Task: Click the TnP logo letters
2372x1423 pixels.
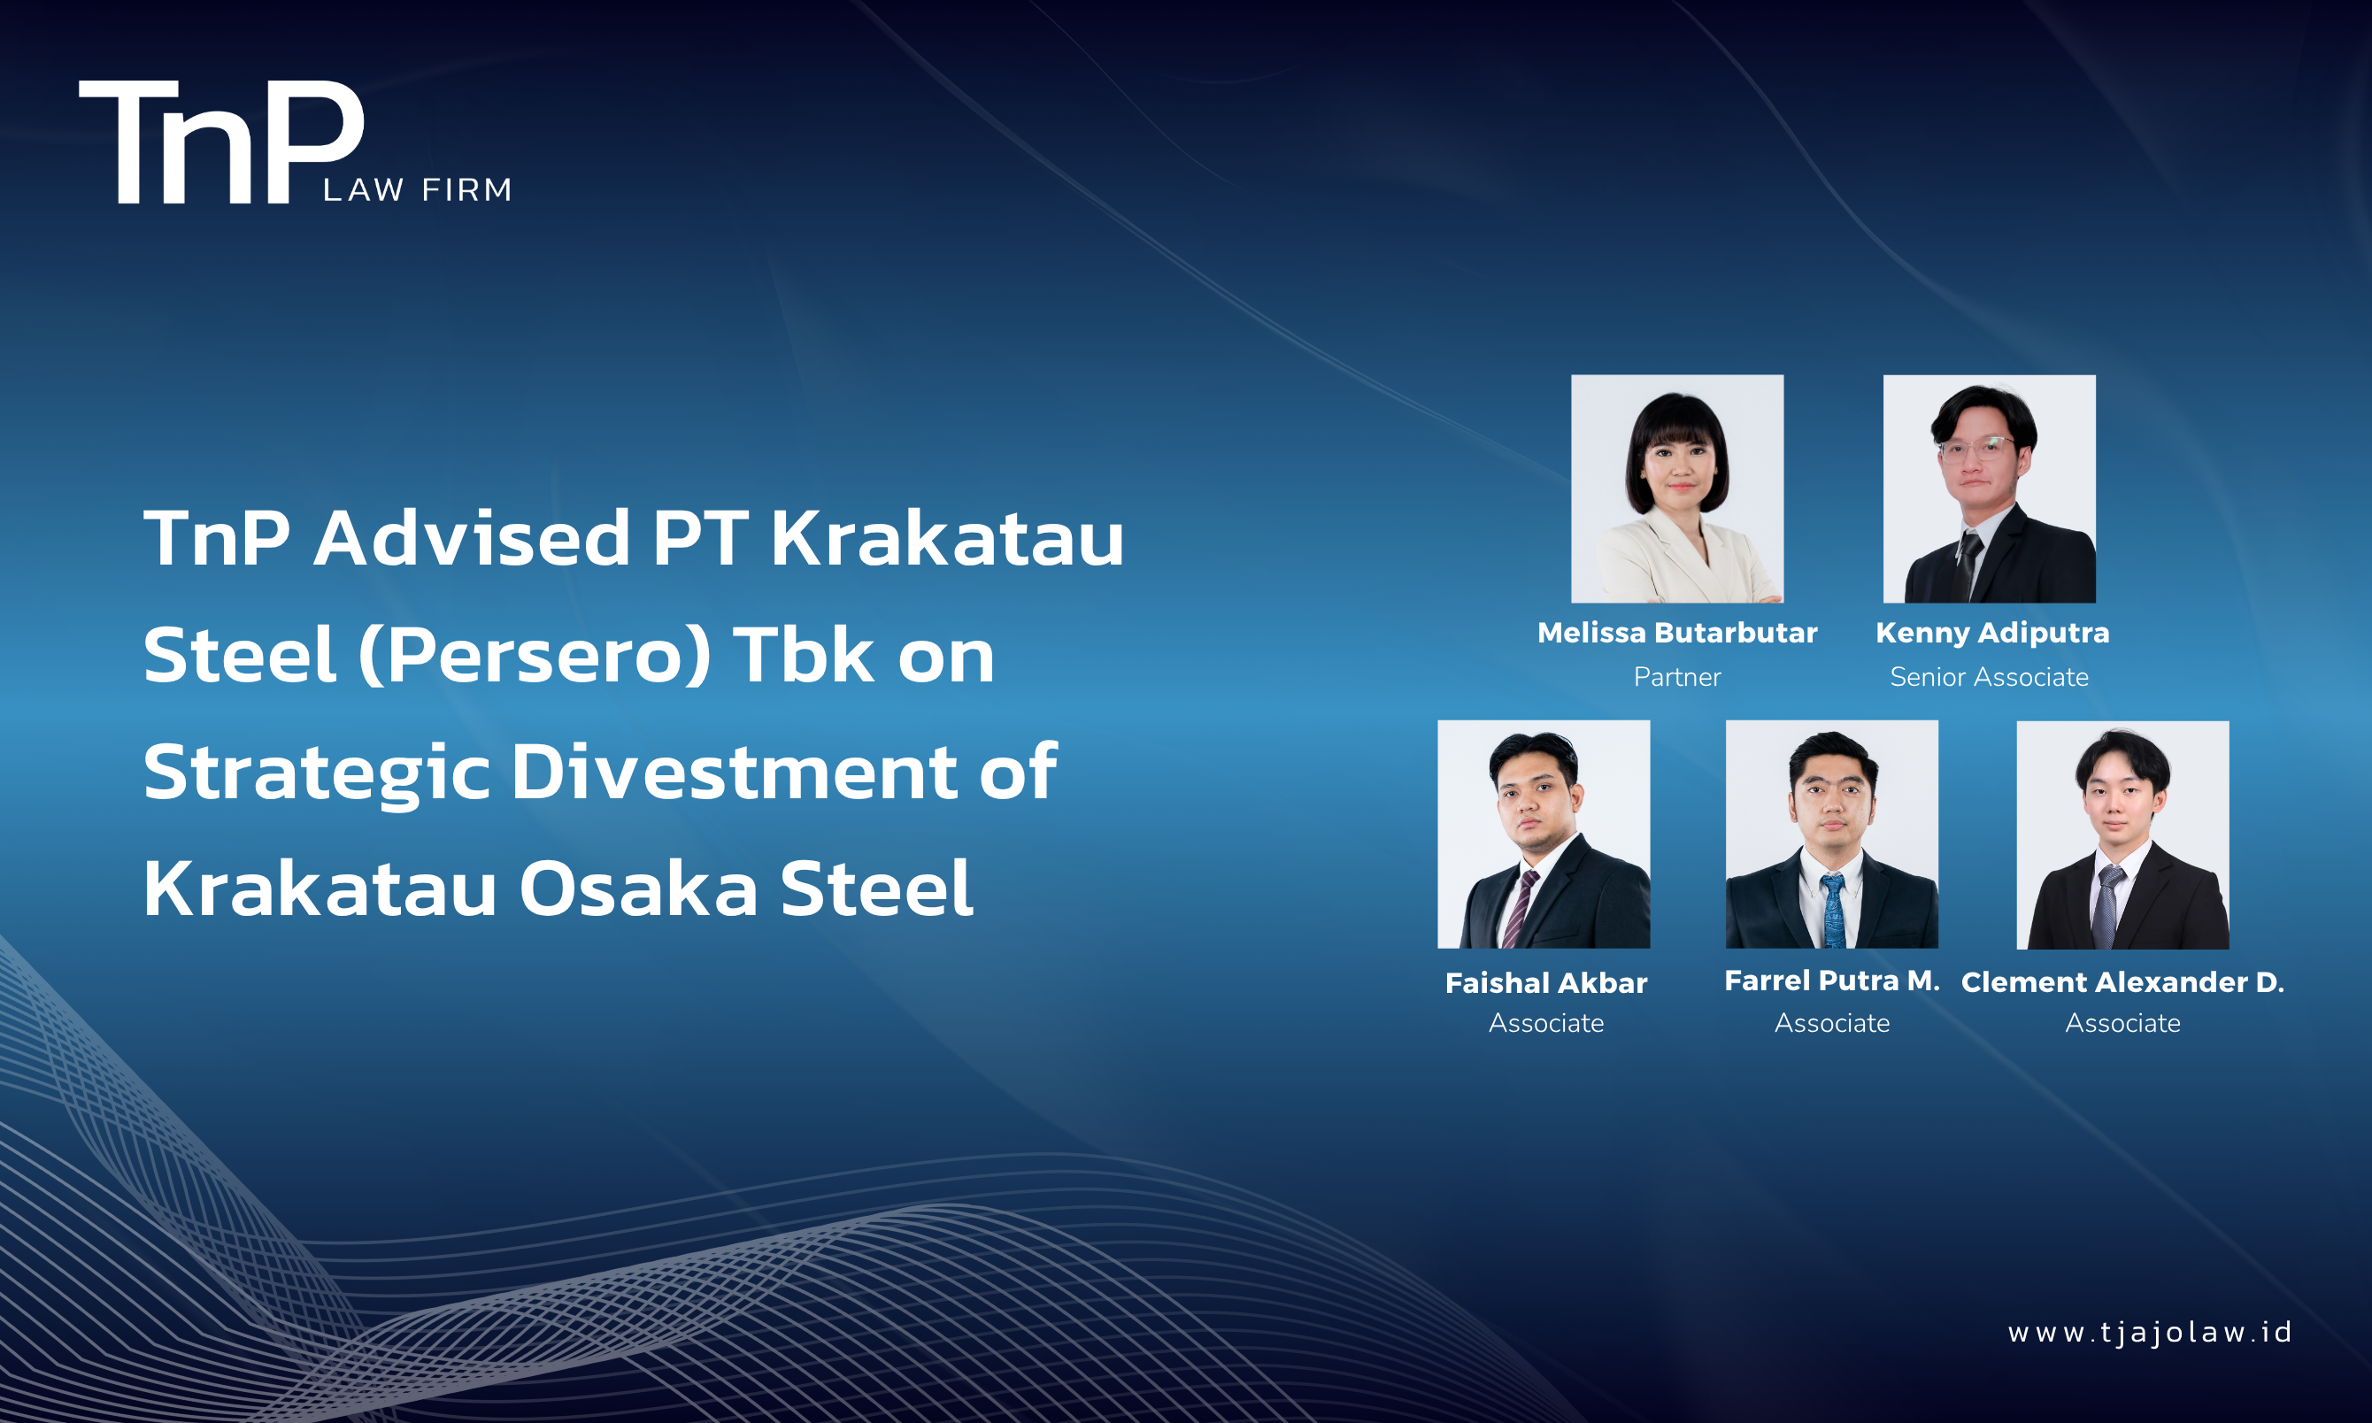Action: click(x=221, y=142)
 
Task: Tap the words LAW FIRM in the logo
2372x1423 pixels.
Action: click(x=417, y=190)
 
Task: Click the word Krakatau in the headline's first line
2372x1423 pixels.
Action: click(x=947, y=538)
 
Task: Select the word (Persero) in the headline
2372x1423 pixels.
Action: click(x=535, y=656)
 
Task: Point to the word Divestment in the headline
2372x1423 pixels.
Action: click(x=734, y=772)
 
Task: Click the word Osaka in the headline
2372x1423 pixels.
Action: click(x=638, y=888)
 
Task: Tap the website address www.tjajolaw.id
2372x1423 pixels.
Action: click(x=2150, y=1333)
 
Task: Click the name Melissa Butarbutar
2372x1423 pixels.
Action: click(x=1677, y=633)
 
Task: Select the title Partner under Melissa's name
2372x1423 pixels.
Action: click(x=1677, y=677)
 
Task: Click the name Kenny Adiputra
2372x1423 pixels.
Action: click(x=1992, y=633)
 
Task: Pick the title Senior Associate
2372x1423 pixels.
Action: click(x=1990, y=677)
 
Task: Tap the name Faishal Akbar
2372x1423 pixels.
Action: click(x=1545, y=983)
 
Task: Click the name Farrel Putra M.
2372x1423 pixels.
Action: click(x=1832, y=981)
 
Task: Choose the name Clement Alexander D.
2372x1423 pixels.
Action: click(x=2122, y=982)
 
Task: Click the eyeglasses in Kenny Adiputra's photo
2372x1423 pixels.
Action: click(x=1977, y=447)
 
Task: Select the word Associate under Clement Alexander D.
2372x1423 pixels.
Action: click(x=2122, y=1023)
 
